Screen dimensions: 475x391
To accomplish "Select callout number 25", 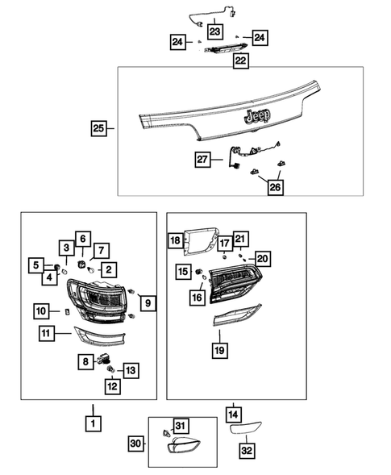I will pyautogui.click(x=99, y=127).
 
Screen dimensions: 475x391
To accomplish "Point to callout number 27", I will pyautogui.click(x=203, y=160).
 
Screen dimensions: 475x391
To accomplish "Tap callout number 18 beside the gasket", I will pyautogui.click(x=175, y=240).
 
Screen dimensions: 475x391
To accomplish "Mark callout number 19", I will pyautogui.click(x=219, y=349).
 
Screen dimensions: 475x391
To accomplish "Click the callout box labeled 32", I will pyautogui.click(x=246, y=452).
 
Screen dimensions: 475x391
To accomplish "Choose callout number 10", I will pyautogui.click(x=42, y=310).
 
